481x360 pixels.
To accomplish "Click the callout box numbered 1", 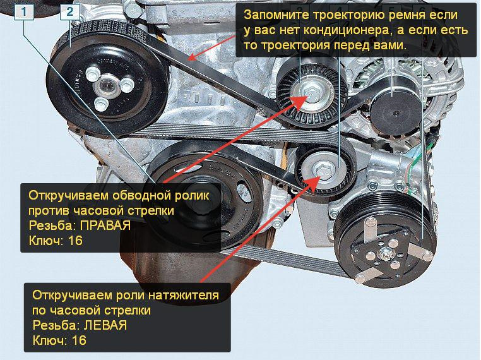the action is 24,12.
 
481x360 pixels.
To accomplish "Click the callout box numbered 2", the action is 69,12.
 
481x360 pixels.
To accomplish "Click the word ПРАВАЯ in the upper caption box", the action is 105,225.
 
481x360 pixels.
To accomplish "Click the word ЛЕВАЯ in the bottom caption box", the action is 105,325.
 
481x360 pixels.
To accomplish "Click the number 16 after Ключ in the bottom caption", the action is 79,340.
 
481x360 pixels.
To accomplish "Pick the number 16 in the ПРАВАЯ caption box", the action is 75,241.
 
